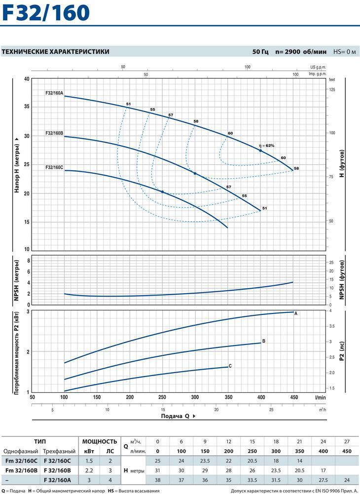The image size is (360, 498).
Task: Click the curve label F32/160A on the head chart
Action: [54, 93]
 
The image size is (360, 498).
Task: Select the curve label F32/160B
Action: [54, 133]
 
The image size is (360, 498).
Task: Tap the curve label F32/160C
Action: [54, 167]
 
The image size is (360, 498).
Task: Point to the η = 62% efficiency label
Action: [266, 146]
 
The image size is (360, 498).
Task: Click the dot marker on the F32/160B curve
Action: [195, 173]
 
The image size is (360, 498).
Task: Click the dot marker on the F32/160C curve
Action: [162, 192]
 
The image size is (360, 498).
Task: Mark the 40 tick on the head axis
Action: [27, 79]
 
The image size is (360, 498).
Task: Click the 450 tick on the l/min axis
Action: [293, 397]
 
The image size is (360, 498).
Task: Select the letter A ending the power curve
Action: [296, 313]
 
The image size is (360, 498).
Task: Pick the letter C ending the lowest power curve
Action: [230, 366]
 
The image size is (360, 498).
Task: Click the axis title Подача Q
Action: [176, 416]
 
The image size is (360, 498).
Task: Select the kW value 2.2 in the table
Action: [89, 471]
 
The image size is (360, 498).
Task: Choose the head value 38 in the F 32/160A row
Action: [157, 481]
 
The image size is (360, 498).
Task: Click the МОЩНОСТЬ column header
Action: [99, 441]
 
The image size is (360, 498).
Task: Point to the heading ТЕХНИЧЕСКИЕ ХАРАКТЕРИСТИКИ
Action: [56, 51]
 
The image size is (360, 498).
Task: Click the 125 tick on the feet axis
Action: [332, 90]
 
